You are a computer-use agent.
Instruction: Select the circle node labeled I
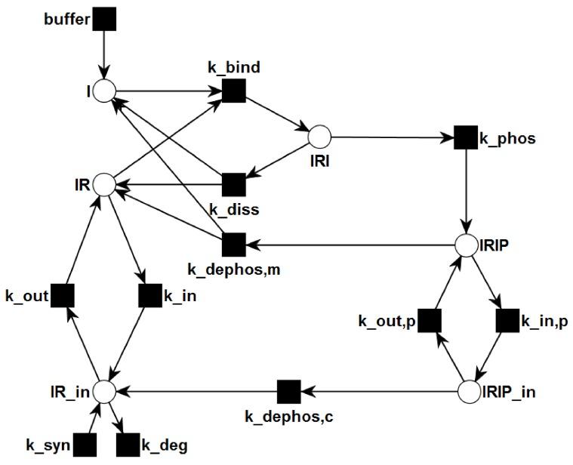point(103,92)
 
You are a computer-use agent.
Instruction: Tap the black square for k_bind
point(234,92)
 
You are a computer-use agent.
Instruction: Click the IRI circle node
point(319,137)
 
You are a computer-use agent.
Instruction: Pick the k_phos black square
point(465,137)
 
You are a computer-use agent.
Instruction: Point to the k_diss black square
point(234,183)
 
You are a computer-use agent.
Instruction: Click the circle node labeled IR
point(103,183)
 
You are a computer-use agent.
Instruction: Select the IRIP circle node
point(467,245)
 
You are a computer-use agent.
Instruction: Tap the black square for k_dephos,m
point(234,245)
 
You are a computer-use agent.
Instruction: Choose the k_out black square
point(62,297)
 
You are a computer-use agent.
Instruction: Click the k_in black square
point(150,297)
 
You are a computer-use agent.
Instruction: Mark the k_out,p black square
point(429,320)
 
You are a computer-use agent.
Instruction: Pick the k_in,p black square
point(507,320)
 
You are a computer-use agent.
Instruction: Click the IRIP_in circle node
point(469,392)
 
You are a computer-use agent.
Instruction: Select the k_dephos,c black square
point(288,392)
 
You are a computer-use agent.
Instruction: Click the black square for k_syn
point(85,445)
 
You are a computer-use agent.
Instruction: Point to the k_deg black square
point(128,445)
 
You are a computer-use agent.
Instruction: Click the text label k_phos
point(508,138)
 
